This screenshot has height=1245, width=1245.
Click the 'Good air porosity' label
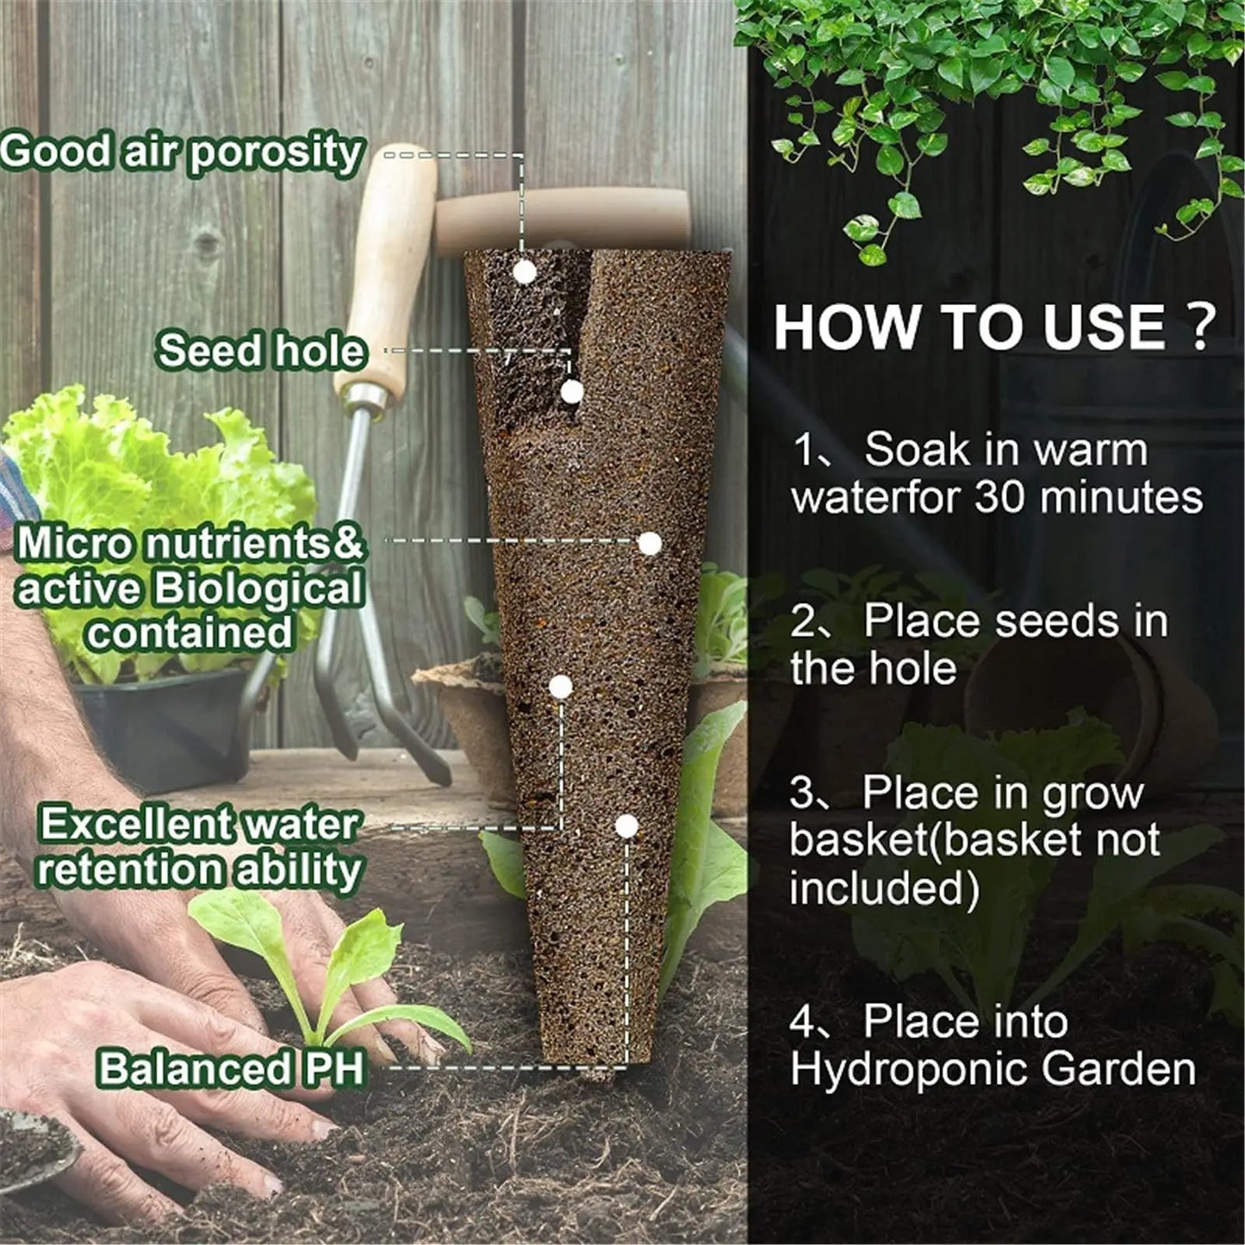pos(181,153)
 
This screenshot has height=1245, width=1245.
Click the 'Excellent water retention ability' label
pos(198,847)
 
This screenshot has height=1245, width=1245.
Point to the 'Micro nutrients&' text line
pos(191,544)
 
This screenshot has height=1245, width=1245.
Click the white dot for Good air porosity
pos(524,272)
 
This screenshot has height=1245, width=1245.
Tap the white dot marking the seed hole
pos(571,392)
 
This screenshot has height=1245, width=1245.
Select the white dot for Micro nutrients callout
pos(649,543)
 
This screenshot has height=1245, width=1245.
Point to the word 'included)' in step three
pos(884,889)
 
